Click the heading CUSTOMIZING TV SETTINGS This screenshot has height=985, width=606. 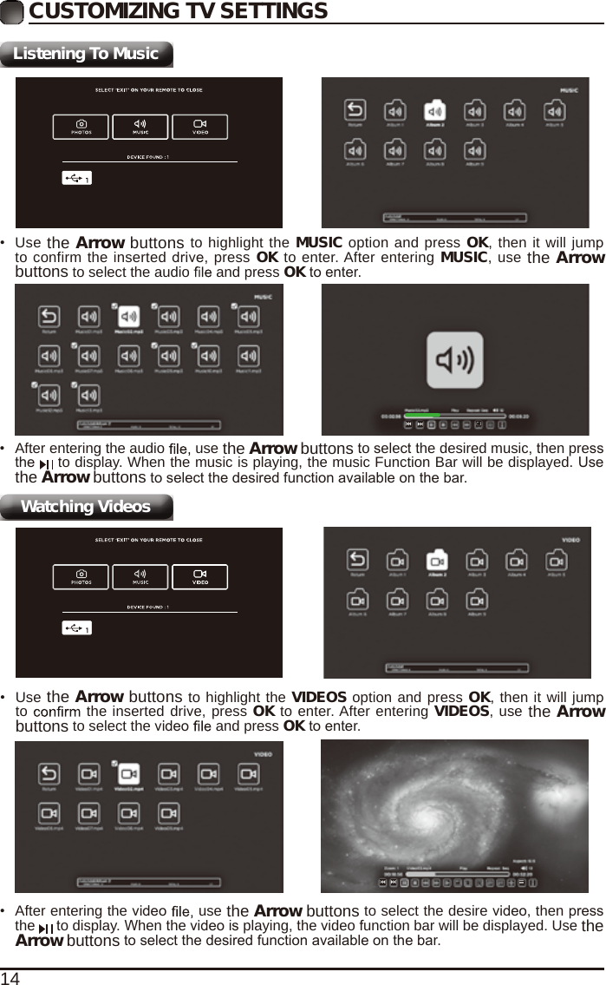pyautogui.click(x=178, y=11)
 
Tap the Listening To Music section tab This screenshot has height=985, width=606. pyautogui.click(x=87, y=54)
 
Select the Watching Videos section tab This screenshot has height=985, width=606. pyautogui.click(x=87, y=507)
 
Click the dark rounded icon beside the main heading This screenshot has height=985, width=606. pyautogui.click(x=13, y=11)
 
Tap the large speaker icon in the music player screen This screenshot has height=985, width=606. pyautogui.click(x=454, y=360)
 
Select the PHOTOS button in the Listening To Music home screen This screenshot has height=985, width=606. pyautogui.click(x=81, y=128)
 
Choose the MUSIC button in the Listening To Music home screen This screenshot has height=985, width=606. pyautogui.click(x=140, y=128)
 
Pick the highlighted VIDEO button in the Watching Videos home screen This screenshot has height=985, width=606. pyautogui.click(x=199, y=577)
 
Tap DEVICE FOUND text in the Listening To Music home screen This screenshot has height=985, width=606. pyautogui.click(x=148, y=157)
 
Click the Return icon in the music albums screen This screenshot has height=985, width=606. pyautogui.click(x=355, y=112)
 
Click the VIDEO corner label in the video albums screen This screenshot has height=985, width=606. pyautogui.click(x=570, y=539)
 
